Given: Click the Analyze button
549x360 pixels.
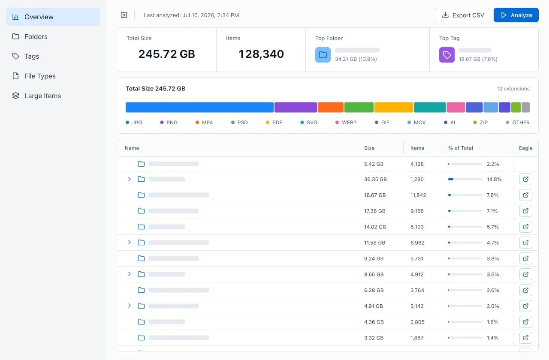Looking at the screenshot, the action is click(x=516, y=15).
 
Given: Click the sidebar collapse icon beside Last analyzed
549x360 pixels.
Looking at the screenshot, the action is click(x=124, y=15).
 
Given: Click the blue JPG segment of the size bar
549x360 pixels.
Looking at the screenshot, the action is click(x=199, y=107).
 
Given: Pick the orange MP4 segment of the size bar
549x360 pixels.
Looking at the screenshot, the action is click(x=330, y=107).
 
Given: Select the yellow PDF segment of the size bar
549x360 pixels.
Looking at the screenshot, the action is click(x=394, y=107).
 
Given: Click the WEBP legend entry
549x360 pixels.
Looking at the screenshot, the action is click(x=346, y=123).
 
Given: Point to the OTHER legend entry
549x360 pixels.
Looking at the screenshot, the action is click(x=518, y=123).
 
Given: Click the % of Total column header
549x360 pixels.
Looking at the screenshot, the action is click(x=461, y=148).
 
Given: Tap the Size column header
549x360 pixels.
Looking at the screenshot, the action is click(x=369, y=148).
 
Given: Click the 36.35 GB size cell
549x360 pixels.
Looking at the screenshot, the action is click(x=375, y=179).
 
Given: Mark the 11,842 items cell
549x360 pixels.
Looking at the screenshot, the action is click(x=418, y=195).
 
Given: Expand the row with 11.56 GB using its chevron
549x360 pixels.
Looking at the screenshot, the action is click(x=130, y=243).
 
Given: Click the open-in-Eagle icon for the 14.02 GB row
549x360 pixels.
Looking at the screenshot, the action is click(x=525, y=227).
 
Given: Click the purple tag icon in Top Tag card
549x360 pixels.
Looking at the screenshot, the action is click(x=446, y=55).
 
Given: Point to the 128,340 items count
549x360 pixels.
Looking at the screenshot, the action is click(x=261, y=54).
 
